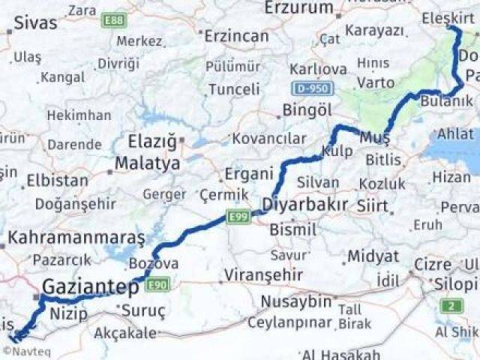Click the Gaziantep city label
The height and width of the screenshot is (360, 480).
tap(90, 286)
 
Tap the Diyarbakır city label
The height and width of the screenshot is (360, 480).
tap(304, 205)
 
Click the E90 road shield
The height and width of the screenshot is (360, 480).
tap(158, 283)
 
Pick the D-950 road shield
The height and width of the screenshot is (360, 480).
tap(311, 88)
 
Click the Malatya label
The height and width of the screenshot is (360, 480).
tap(147, 163)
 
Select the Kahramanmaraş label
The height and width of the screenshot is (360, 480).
tap(76, 238)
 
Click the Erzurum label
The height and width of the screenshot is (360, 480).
tap(298, 8)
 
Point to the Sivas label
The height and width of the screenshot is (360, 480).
tap(34, 23)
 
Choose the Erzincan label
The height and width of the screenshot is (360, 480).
tap(236, 36)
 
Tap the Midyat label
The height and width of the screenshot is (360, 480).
tap(372, 256)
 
